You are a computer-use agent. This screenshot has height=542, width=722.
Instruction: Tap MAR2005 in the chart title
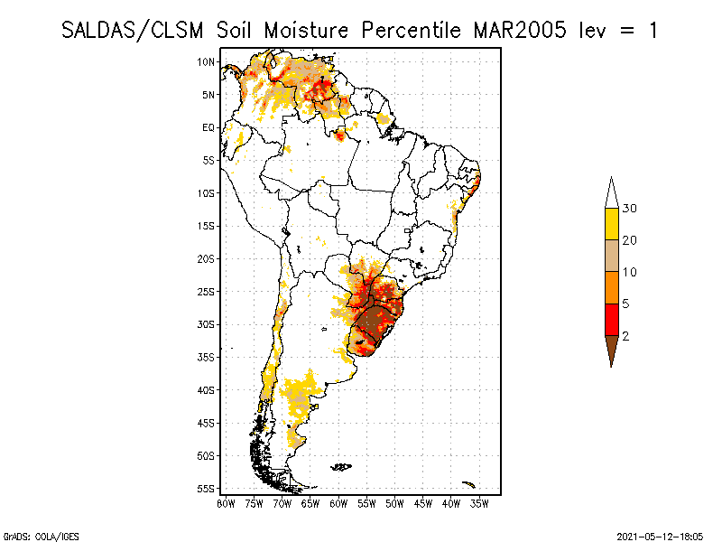tap(520, 30)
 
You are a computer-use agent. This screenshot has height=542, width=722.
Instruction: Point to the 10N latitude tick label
tap(207, 61)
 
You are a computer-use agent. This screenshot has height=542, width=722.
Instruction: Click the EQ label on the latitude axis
tap(208, 127)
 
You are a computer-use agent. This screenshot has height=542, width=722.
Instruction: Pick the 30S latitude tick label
tap(207, 324)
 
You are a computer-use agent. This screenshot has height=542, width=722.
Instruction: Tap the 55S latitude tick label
tap(207, 489)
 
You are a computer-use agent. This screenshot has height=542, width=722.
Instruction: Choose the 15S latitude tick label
tap(207, 226)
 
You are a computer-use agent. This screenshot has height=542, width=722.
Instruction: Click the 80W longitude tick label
tap(226, 502)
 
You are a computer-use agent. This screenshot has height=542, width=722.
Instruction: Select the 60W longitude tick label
tap(338, 502)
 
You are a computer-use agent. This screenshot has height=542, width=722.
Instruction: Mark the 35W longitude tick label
tap(479, 502)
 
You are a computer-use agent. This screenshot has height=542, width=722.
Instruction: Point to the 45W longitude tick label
tap(422, 502)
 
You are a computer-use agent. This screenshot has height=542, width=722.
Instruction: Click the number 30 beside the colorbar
tap(630, 209)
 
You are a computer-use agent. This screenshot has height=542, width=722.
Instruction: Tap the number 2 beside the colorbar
tap(625, 336)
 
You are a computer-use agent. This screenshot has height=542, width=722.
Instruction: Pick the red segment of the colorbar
tap(611, 320)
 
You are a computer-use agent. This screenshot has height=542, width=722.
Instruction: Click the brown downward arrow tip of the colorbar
tap(611, 350)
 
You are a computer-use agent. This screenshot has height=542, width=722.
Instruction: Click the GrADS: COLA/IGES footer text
tap(32, 535)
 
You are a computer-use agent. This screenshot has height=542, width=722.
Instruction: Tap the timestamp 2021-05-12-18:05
tap(660, 535)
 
